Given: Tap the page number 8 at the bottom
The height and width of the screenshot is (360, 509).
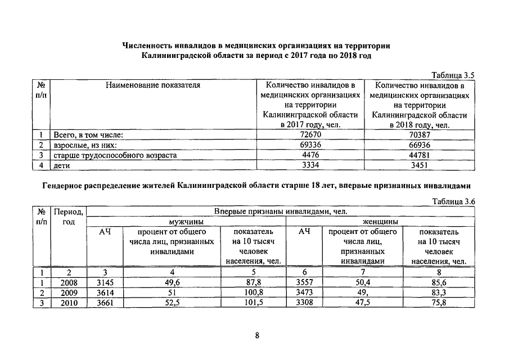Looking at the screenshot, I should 256,336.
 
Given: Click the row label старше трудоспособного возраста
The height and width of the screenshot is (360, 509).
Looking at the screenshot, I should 115,156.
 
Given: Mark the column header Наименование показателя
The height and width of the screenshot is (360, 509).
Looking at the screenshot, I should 152,85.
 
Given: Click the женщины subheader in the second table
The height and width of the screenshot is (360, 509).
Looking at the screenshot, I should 381,222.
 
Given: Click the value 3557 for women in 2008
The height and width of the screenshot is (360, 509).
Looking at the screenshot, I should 304,282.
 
